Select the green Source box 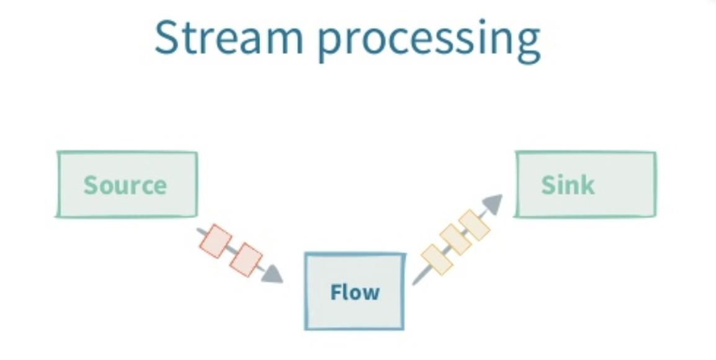point(127,184)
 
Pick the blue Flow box point(354,290)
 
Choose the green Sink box point(584,184)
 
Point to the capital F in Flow point(336,291)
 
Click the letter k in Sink point(586,184)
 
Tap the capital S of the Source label point(91,185)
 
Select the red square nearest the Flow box point(246,259)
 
